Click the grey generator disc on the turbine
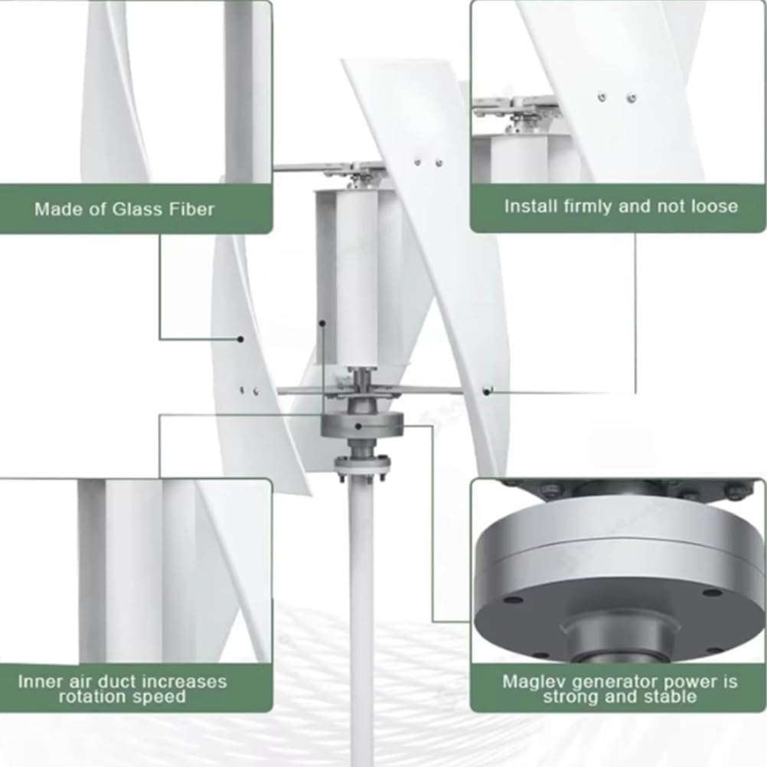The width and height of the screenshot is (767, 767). (x=361, y=423)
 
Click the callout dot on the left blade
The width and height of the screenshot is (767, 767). (x=240, y=338)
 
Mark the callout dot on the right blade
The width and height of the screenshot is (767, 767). (x=487, y=391)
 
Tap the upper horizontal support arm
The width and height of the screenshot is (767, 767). (x=321, y=166)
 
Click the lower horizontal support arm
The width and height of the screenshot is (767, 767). (x=306, y=390)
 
